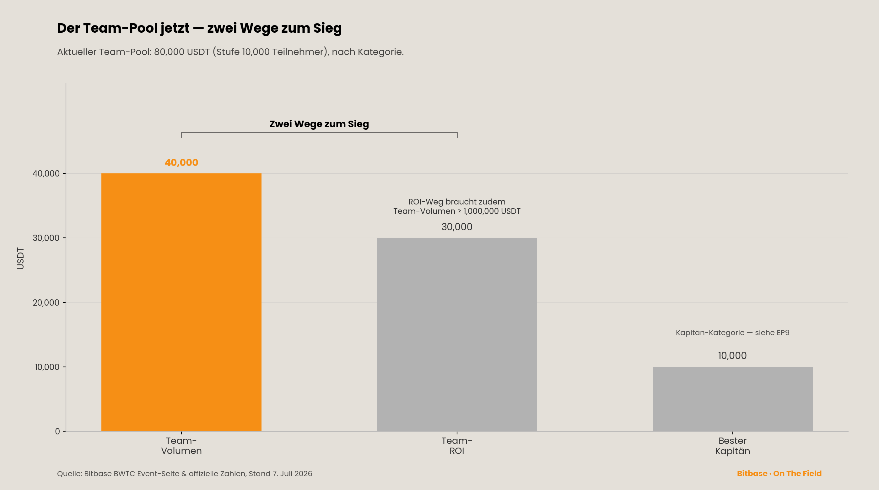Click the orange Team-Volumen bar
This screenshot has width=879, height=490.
[x=181, y=302]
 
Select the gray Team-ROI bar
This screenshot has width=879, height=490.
[x=457, y=335]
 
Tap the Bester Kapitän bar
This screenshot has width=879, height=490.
[x=733, y=399]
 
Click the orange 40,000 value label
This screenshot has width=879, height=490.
[x=181, y=162]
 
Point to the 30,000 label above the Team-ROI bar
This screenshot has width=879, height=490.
[x=457, y=227]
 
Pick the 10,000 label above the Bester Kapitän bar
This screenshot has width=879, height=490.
[x=732, y=356]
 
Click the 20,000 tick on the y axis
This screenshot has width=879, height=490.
[x=46, y=302]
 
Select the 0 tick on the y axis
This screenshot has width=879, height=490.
[x=57, y=431]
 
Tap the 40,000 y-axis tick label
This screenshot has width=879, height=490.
[x=46, y=173]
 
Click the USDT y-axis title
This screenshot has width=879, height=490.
[x=20, y=259]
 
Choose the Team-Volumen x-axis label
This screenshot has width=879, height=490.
[x=181, y=446]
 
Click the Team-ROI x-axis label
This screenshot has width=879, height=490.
[x=457, y=446]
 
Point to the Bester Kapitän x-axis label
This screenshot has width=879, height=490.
[x=733, y=446]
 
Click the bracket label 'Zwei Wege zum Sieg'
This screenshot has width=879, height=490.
[x=319, y=124]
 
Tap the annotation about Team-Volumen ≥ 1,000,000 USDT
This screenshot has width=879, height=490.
[x=457, y=207]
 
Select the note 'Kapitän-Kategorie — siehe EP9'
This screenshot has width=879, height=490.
[x=733, y=333]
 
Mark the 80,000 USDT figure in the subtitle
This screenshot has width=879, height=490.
[x=182, y=52]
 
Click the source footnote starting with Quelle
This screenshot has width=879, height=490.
[x=185, y=474]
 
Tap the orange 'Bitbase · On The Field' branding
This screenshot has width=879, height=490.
[x=779, y=474]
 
